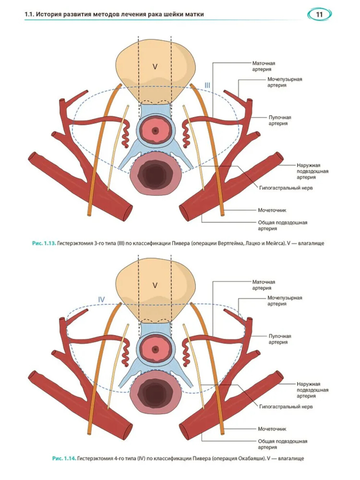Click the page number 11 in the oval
[x=319, y=14]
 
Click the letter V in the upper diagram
[x=155, y=67]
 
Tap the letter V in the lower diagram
[x=155, y=285]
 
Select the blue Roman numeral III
[x=207, y=86]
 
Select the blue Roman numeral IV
[x=102, y=300]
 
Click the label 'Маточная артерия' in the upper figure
[x=263, y=66]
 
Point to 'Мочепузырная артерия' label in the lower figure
[x=284, y=301]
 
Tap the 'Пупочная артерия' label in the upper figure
[x=280, y=120]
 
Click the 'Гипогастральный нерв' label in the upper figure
[x=286, y=188]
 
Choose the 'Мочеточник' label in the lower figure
[x=272, y=429]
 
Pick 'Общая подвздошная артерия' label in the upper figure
[x=282, y=225]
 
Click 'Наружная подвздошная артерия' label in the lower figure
[x=312, y=390]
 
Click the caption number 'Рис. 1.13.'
[x=44, y=243]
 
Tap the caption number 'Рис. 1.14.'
[x=64, y=458]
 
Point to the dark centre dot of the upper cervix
[x=155, y=130]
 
